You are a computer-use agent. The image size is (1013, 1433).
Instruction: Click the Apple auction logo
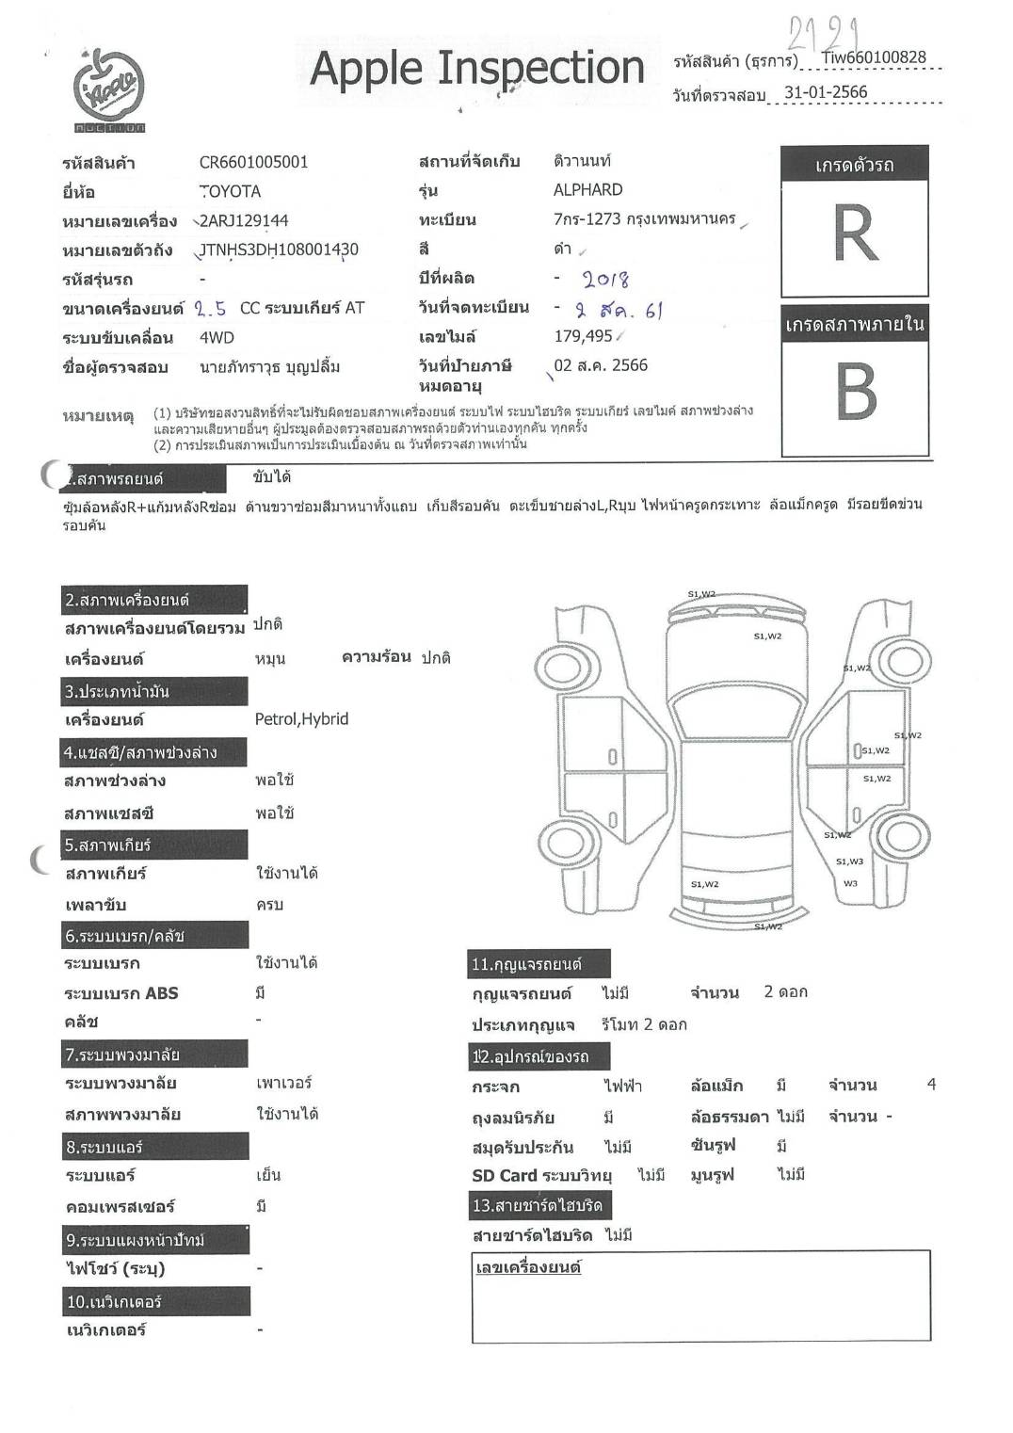pyautogui.click(x=109, y=89)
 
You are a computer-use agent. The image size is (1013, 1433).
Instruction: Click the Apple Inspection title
pyautogui.click(x=476, y=68)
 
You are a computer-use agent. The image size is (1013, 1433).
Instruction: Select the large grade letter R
pyautogui.click(x=855, y=233)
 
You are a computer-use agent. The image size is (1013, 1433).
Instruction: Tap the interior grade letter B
pyautogui.click(x=855, y=392)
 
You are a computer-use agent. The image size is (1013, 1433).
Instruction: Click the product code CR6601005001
pyautogui.click(x=253, y=162)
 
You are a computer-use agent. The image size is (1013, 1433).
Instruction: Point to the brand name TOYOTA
pyautogui.click(x=231, y=191)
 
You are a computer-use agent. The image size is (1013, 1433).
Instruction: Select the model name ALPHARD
pyautogui.click(x=587, y=189)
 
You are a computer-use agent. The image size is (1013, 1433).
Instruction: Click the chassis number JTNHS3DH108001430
pyautogui.click(x=279, y=250)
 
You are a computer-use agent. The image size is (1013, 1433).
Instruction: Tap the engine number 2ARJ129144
pyautogui.click(x=244, y=220)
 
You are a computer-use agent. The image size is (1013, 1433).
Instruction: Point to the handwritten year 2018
pyautogui.click(x=605, y=279)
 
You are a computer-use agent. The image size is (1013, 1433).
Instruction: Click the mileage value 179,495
pyautogui.click(x=583, y=336)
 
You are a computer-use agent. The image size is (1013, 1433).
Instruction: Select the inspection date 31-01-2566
pyautogui.click(x=825, y=92)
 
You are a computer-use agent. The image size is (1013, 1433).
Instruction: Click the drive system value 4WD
pyautogui.click(x=217, y=337)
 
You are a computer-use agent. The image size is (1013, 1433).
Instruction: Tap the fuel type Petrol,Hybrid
pyautogui.click(x=301, y=719)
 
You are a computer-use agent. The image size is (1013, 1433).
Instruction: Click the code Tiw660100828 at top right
pyautogui.click(x=873, y=57)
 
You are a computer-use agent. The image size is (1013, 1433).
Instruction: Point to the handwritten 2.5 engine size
pyautogui.click(x=211, y=308)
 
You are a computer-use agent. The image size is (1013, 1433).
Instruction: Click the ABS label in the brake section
pyautogui.click(x=161, y=993)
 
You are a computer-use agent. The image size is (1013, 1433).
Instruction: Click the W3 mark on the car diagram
pyautogui.click(x=850, y=883)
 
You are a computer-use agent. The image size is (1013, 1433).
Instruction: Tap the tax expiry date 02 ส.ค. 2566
pyautogui.click(x=601, y=365)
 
